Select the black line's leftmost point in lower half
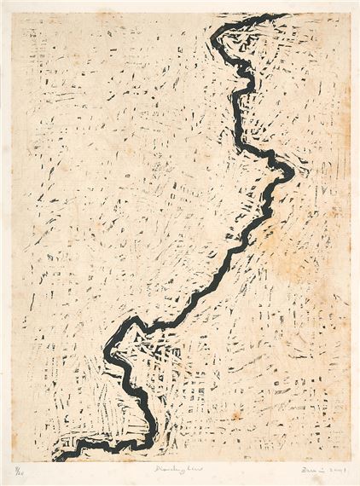[107, 351]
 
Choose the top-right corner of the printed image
[349, 13]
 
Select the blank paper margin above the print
[180, 6]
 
